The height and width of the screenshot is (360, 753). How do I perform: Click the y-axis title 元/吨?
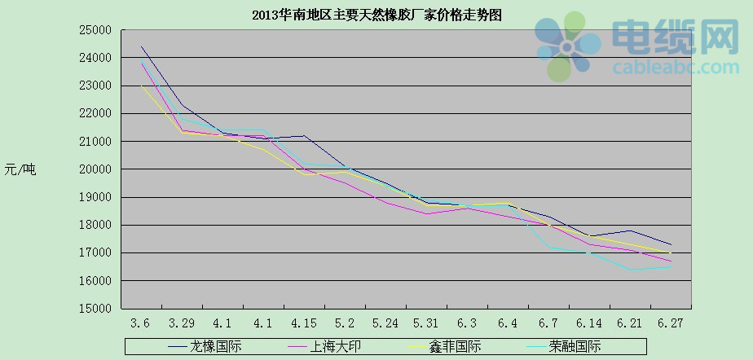pos(20,169)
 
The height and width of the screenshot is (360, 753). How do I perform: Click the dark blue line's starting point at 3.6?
pos(142,46)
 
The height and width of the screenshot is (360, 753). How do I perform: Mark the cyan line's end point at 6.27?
pos(671,266)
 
